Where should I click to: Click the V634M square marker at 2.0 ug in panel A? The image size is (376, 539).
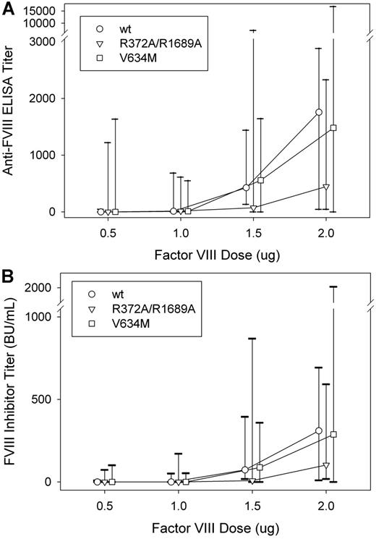[x=333, y=128]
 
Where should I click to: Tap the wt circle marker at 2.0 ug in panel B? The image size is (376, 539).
[x=319, y=430]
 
